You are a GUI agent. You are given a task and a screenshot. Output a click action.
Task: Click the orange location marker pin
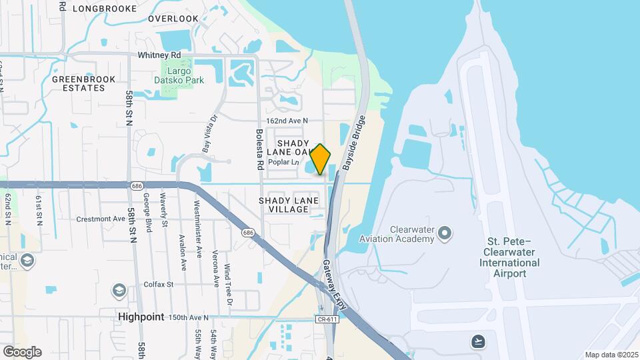tap(320, 159)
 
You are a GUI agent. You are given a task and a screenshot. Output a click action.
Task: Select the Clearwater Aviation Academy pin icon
tap(445, 233)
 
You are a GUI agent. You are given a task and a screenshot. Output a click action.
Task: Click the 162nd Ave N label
tap(287, 121)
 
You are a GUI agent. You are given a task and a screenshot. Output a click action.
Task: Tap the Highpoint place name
tap(141, 317)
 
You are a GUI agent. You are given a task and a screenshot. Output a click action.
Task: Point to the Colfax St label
tap(159, 284)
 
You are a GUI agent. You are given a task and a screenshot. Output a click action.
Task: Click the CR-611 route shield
tap(324, 319)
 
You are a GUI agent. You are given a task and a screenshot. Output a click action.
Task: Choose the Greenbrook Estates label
tap(83, 83)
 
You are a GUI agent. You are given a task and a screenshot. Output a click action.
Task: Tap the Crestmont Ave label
tap(101, 219)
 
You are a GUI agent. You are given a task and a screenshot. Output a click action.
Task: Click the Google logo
tap(22, 351)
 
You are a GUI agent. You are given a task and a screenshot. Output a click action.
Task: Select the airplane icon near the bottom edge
tap(477, 341)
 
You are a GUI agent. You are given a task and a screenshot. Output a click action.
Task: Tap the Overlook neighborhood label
tap(173, 19)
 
